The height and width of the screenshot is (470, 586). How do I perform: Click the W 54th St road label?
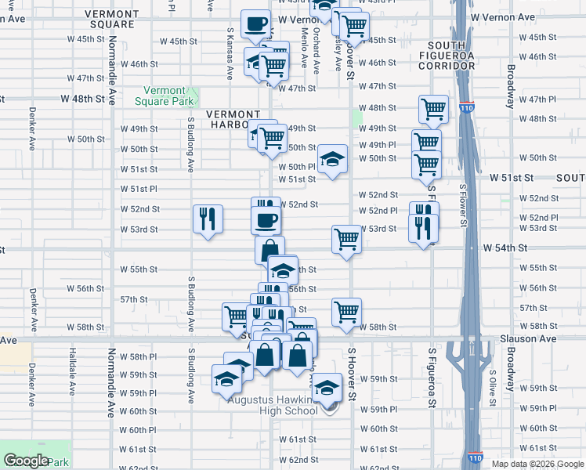(x=508, y=248)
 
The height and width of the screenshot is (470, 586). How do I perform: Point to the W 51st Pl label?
(x=139, y=189)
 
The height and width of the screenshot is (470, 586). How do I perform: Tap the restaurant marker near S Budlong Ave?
(x=208, y=219)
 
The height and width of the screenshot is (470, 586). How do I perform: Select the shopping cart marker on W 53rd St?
(x=346, y=240)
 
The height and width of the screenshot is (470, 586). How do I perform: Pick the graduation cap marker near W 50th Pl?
(x=333, y=159)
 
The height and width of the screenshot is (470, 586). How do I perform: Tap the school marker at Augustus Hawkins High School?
(x=327, y=386)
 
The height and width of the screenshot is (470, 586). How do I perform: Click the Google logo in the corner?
(x=26, y=461)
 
